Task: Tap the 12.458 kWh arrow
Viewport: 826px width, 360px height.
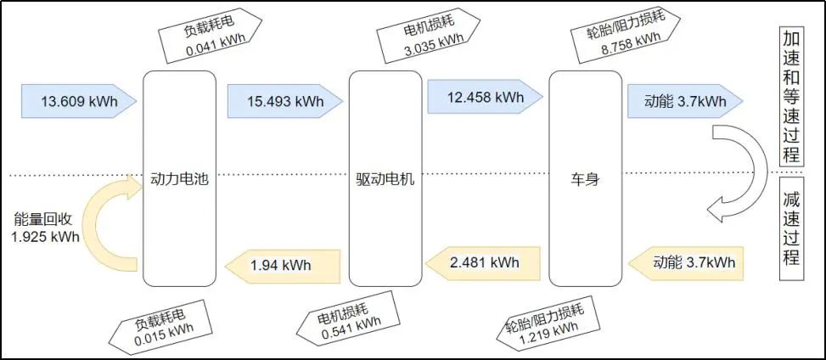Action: pos(484,97)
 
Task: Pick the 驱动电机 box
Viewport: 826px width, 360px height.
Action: pos(385,179)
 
